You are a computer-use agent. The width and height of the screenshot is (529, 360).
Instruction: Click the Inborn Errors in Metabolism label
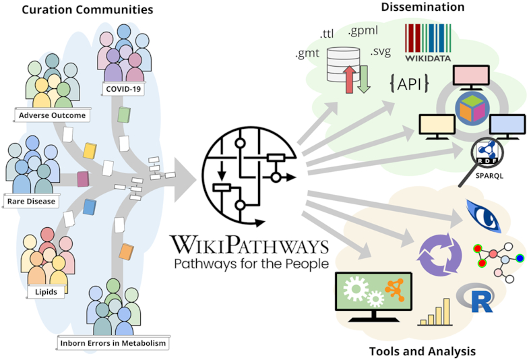113,344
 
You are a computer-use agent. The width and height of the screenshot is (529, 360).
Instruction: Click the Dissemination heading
423,7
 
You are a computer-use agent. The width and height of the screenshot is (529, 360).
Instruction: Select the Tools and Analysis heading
423,351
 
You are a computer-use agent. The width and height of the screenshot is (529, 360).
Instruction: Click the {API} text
410,84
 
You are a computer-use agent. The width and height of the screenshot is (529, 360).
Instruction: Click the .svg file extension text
381,51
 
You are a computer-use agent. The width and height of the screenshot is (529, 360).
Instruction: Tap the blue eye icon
482,214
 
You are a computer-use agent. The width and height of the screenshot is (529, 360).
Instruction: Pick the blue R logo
476,298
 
